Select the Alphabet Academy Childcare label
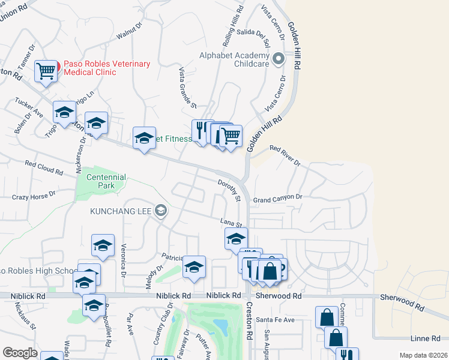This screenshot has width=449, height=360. point(235,59)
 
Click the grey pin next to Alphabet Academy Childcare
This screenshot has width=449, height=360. point(278,59)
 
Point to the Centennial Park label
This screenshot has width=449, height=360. point(106,181)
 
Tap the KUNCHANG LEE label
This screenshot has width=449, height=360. point(121,211)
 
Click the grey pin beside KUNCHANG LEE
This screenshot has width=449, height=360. point(160,211)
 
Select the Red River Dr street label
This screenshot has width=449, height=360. point(285,155)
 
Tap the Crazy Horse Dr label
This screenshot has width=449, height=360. point(34,196)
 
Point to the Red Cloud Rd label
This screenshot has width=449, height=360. point(44,167)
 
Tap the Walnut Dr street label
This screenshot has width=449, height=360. point(128,32)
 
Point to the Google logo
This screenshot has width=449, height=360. point(20,353)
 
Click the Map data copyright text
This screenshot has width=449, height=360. point(423,355)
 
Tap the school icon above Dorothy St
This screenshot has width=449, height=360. point(144,139)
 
